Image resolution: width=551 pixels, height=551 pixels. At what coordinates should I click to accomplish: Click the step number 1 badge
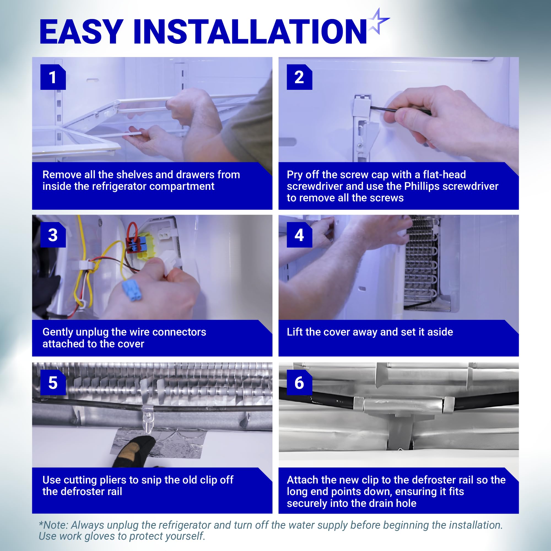pos(53,77)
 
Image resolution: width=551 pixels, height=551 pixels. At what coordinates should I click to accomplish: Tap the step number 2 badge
pos(299,77)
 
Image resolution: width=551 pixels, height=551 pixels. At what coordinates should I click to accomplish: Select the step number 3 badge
pos(53,235)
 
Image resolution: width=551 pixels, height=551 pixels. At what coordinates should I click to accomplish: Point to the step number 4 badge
pos(299,235)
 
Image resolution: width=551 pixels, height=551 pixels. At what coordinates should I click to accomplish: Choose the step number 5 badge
pos(53,382)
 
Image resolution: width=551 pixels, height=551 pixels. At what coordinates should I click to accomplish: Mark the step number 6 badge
pos(299,382)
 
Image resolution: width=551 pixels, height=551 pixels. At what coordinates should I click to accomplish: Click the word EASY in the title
pos(82,32)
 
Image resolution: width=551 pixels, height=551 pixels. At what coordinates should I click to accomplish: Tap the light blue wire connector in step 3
pos(132,290)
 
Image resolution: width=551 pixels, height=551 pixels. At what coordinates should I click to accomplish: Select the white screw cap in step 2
pos(362,106)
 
